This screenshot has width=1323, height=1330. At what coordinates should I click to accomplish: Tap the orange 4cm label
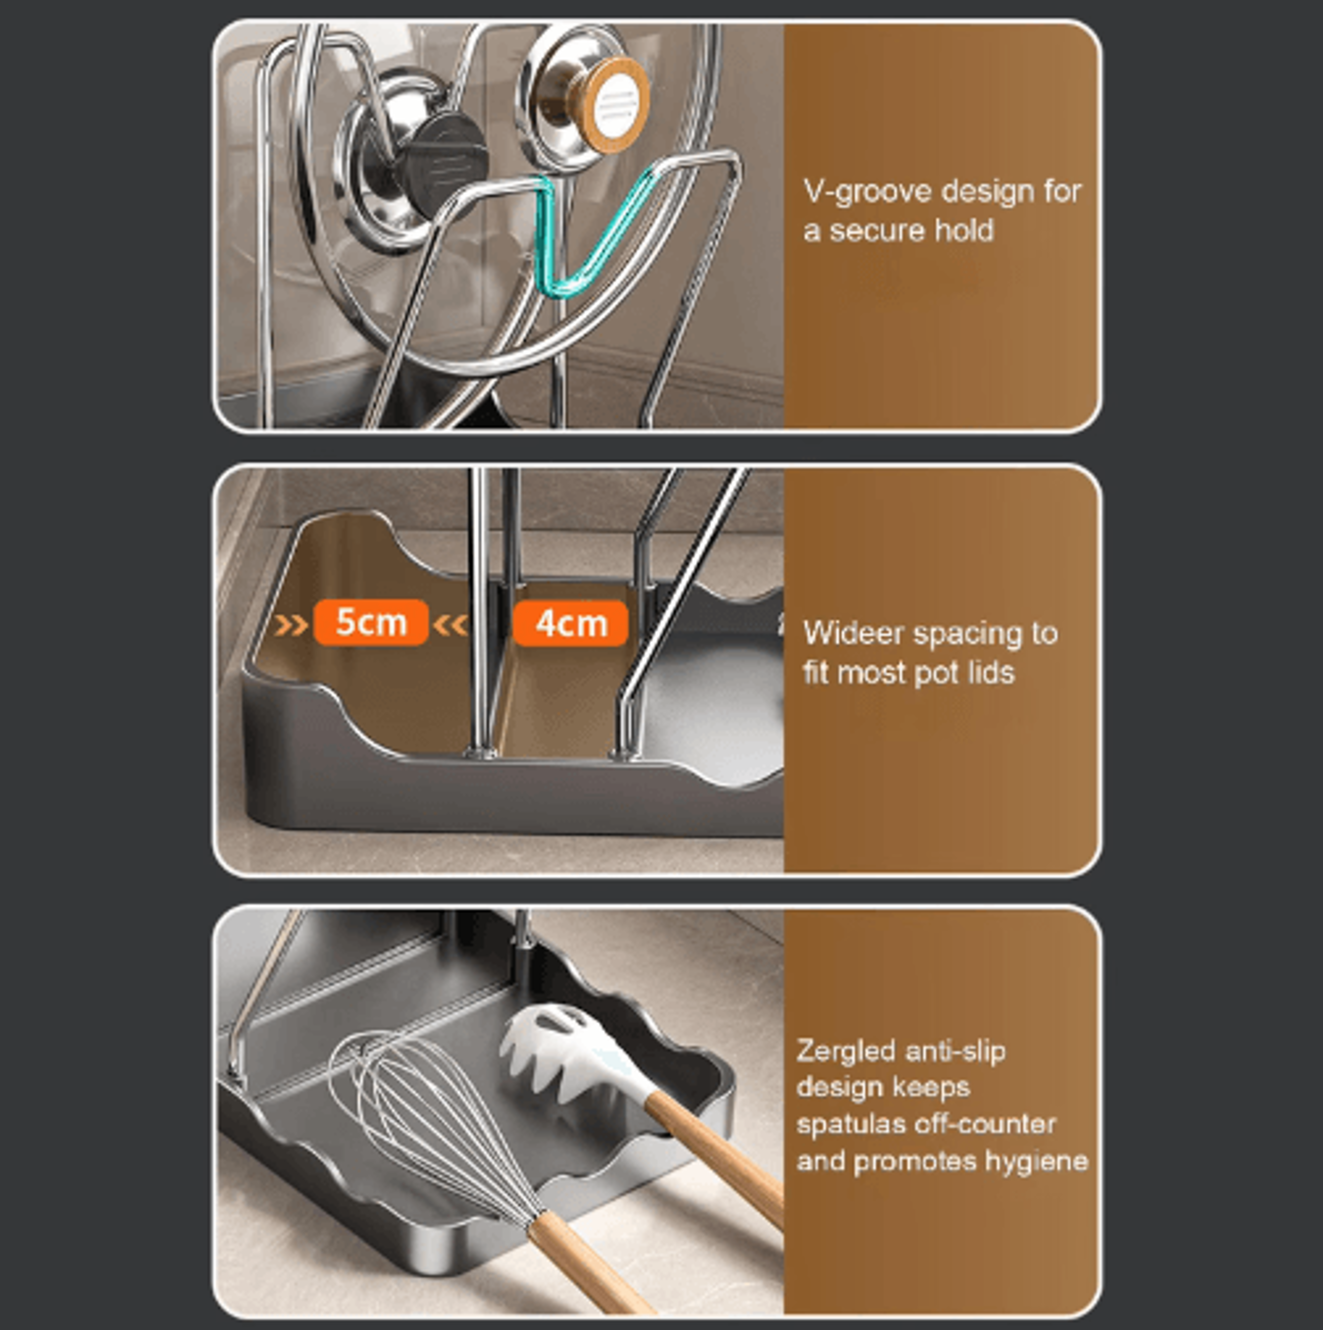click(570, 623)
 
